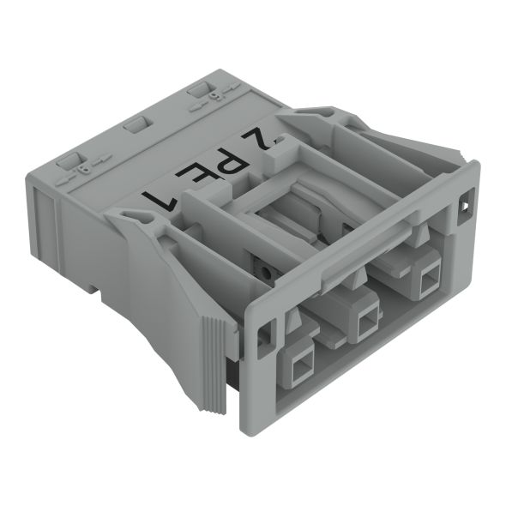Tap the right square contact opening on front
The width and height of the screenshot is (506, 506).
(x=426, y=276)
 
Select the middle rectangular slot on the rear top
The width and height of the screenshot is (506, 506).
(x=135, y=126)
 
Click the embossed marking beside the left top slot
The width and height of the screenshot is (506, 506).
(x=83, y=169)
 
